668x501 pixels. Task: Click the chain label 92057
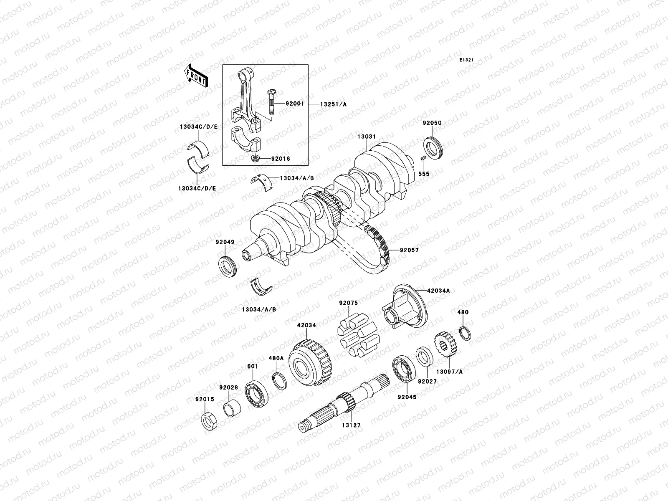(x=409, y=250)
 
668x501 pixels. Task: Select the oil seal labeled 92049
(x=228, y=267)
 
